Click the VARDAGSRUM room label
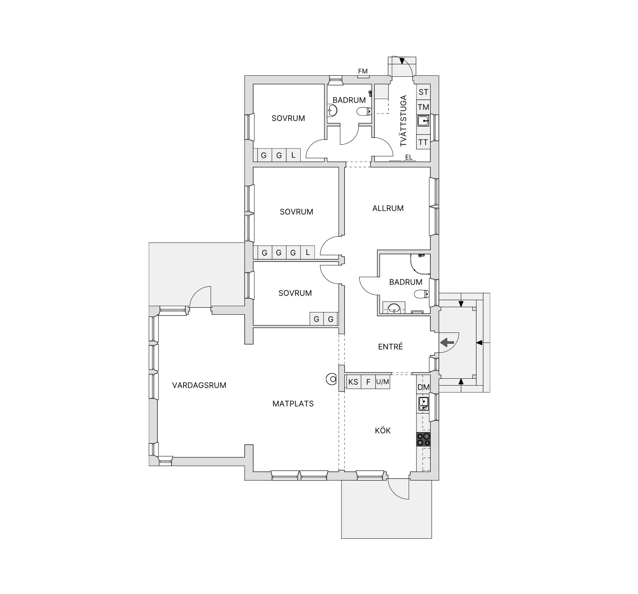[199, 385]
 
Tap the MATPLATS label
[293, 404]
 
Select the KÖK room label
[383, 431]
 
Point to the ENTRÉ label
[390, 347]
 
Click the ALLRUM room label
[388, 208]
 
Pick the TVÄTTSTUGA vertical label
[403, 121]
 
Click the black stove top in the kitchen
[423, 439]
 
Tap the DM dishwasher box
[423, 387]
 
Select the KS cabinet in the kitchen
[353, 382]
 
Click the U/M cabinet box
[382, 382]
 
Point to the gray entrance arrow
[447, 342]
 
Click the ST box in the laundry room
[423, 92]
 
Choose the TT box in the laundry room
[423, 143]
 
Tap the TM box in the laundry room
[423, 107]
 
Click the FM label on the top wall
[363, 71]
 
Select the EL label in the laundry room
[409, 157]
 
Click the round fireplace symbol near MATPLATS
[331, 379]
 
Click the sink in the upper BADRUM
[332, 110]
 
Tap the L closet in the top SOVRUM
[293, 155]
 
